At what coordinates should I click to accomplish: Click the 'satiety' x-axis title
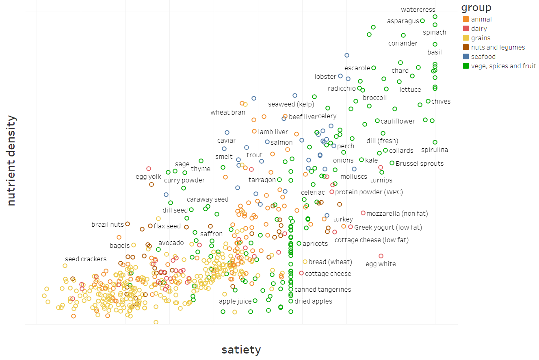pos(241,349)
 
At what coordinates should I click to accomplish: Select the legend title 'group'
pos(476,8)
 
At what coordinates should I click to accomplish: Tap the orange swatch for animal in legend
pos(466,20)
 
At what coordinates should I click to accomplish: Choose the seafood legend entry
pos(483,57)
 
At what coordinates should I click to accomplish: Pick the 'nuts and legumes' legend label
pos(498,48)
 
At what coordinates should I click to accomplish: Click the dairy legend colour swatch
pos(466,29)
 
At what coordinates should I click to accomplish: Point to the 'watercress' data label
pos(418,10)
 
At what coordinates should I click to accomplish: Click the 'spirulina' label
pos(434,150)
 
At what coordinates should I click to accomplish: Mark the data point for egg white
pos(381,256)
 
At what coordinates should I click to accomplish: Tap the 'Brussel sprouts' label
pos(419,164)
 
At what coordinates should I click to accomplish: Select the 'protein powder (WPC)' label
pos(369,192)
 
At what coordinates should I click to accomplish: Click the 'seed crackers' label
pos(86,259)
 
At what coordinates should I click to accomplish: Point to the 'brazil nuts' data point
pos(128,224)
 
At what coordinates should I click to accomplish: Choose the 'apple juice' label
pos(235,301)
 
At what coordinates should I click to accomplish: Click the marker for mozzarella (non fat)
pos(363,213)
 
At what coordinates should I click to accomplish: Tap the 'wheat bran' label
pos(228,113)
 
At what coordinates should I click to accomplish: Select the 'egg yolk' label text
pos(148,177)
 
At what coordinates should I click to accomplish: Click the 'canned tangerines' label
pos(323,290)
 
